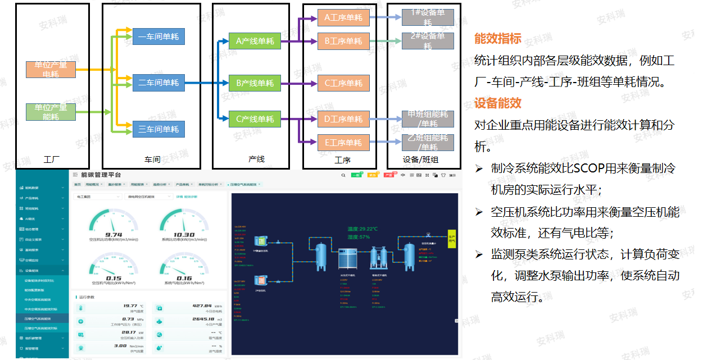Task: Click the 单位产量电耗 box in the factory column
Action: [x=51, y=69]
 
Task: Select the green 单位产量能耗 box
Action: [x=51, y=112]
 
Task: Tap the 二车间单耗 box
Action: [x=158, y=83]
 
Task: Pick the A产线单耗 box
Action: [x=255, y=41]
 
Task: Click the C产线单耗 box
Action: [x=255, y=119]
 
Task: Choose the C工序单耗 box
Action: [x=343, y=83]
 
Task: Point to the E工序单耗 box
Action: [x=343, y=142]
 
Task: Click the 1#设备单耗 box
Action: [x=428, y=17]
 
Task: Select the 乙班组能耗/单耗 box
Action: [x=428, y=142]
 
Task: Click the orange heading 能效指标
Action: [x=498, y=39]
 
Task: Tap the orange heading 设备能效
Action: [x=498, y=103]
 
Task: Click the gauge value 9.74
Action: [x=114, y=235]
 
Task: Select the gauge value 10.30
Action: [x=184, y=235]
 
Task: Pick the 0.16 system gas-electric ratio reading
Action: [x=184, y=278]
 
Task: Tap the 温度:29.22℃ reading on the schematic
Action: [x=362, y=229]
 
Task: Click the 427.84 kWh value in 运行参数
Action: [x=201, y=306]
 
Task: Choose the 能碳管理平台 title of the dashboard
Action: [x=101, y=175]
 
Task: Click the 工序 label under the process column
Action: [x=342, y=160]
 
